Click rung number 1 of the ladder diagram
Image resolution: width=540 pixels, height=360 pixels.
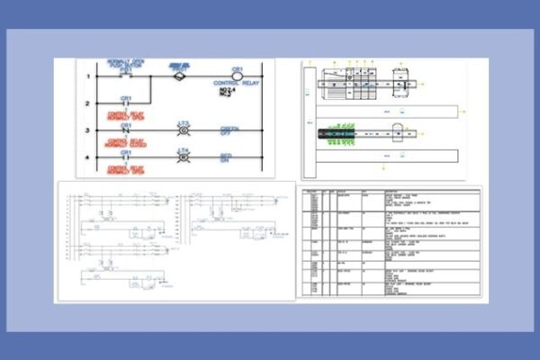pyautogui.click(x=88, y=76)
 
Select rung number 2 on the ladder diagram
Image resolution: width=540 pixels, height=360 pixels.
pyautogui.click(x=88, y=103)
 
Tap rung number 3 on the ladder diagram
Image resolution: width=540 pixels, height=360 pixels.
pyautogui.click(x=88, y=131)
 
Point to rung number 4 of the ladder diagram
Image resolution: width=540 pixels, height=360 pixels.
pyautogui.click(x=88, y=158)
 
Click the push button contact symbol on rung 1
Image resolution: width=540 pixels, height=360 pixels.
pyautogui.click(x=126, y=76)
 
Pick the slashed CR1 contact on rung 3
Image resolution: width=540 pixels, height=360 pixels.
pyautogui.click(x=126, y=131)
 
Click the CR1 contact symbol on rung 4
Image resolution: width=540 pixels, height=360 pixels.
pyautogui.click(x=126, y=158)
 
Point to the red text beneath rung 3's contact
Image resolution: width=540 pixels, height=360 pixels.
pyautogui.click(x=126, y=142)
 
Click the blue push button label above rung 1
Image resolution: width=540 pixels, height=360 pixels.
pyautogui.click(x=126, y=64)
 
